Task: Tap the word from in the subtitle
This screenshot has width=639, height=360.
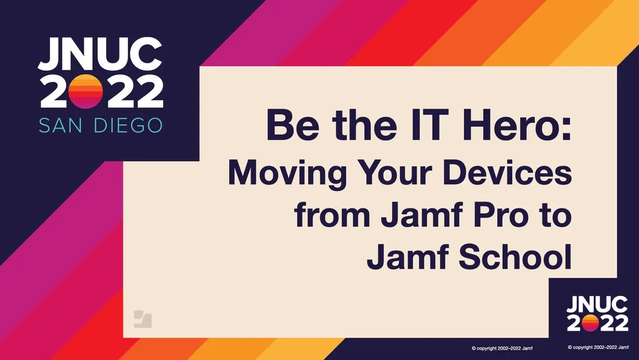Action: pyautogui.click(x=331, y=215)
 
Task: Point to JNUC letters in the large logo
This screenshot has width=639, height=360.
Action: pyautogui.click(x=100, y=55)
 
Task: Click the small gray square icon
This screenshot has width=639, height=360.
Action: pyautogui.click(x=143, y=318)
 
